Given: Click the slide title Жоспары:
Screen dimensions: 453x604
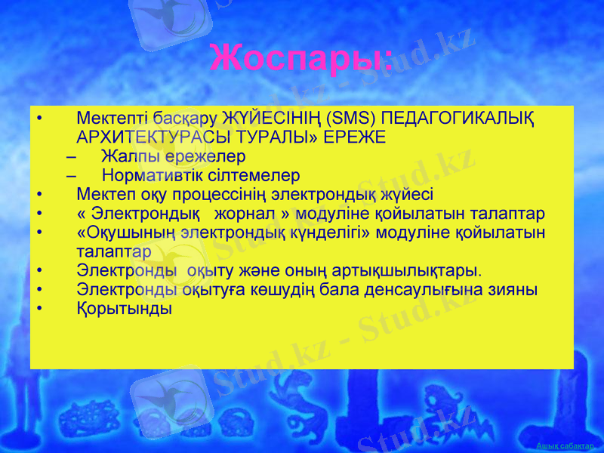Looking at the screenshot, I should [301, 58].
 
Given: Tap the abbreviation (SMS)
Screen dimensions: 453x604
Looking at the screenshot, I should [351, 119].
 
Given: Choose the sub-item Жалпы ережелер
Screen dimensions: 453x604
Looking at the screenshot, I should [173, 157].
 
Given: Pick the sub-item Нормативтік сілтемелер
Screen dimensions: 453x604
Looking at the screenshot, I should [200, 176].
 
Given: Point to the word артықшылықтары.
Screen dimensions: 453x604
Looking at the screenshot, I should [409, 270].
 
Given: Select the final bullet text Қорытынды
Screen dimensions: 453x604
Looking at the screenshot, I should [124, 309].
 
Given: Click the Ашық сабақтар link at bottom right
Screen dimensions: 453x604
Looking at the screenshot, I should [570, 446].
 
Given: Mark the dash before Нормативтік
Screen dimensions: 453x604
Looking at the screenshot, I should [71, 176].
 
